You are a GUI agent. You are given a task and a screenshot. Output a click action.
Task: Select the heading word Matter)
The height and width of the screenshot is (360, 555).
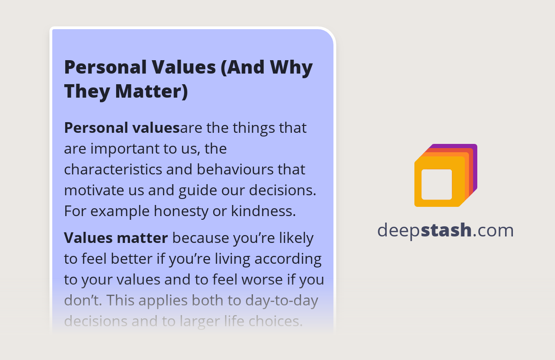pyautogui.click(x=152, y=91)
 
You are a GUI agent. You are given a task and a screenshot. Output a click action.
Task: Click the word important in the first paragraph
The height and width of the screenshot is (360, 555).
pyautogui.click(x=119, y=149)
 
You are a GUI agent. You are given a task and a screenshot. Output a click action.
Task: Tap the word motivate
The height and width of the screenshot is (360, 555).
pyautogui.click(x=93, y=190)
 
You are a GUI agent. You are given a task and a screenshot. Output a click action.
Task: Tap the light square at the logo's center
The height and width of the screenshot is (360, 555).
pyautogui.click(x=437, y=184)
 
